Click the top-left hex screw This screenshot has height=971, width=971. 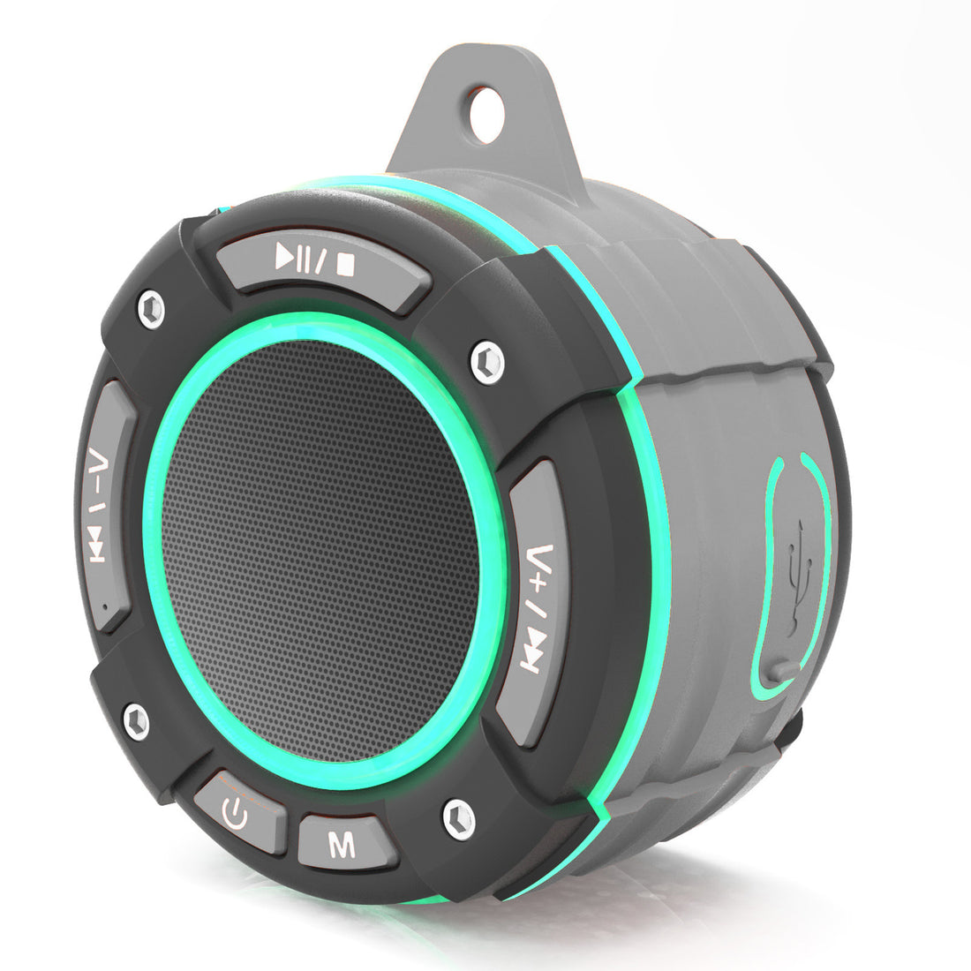coord(151,310)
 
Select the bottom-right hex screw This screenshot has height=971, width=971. coord(458,819)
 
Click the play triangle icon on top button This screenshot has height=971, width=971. coord(286,257)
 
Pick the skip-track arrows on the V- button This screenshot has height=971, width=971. coord(99,547)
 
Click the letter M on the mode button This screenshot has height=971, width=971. coord(342,846)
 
